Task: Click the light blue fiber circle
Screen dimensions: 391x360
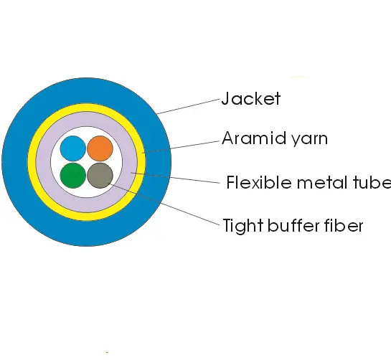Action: tap(73, 148)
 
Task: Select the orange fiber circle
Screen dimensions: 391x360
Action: tap(100, 148)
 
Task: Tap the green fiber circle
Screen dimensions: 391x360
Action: tap(73, 176)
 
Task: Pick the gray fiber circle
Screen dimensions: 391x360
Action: tap(100, 176)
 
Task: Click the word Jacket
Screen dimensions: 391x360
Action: tap(251, 98)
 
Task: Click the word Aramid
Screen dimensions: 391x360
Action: tap(254, 138)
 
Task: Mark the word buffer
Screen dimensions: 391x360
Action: tap(293, 225)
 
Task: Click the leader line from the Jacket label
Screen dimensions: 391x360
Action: tap(189, 106)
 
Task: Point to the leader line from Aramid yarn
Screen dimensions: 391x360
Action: tap(181, 147)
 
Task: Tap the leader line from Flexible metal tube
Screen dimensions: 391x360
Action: tap(176, 178)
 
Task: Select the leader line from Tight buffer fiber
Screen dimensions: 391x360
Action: tap(165, 204)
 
